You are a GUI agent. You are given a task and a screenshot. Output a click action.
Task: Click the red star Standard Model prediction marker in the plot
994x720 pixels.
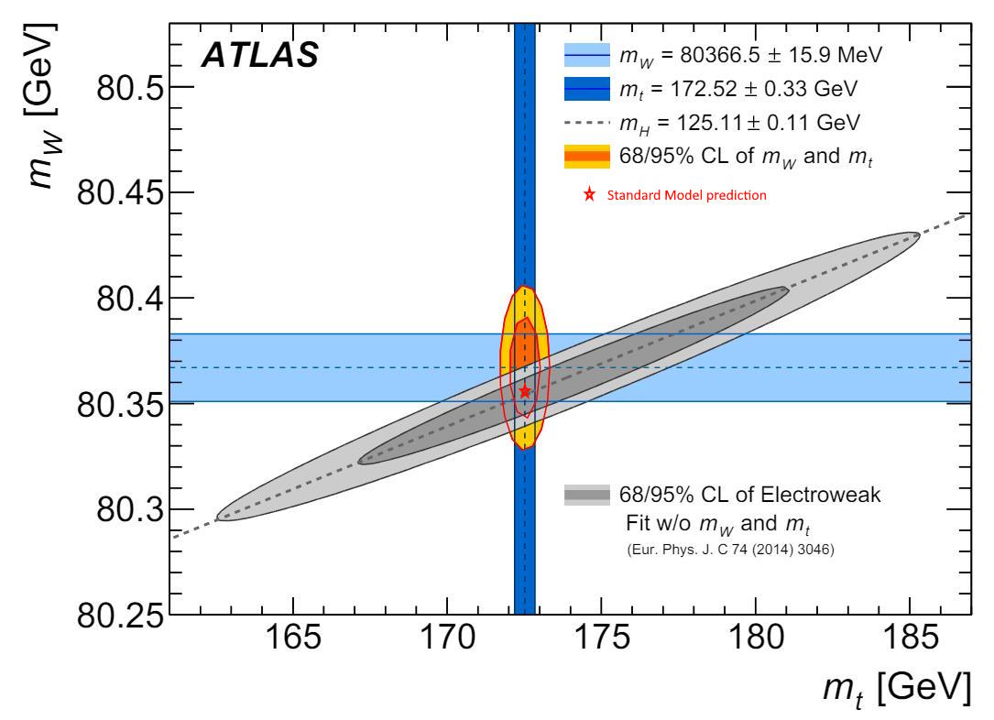coord(525,391)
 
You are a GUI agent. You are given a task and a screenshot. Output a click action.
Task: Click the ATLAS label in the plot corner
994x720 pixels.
coord(259,57)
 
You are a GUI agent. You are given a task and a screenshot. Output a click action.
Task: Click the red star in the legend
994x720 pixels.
coord(589,195)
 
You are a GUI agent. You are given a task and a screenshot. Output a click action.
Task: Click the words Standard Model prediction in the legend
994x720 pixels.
coord(686,195)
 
